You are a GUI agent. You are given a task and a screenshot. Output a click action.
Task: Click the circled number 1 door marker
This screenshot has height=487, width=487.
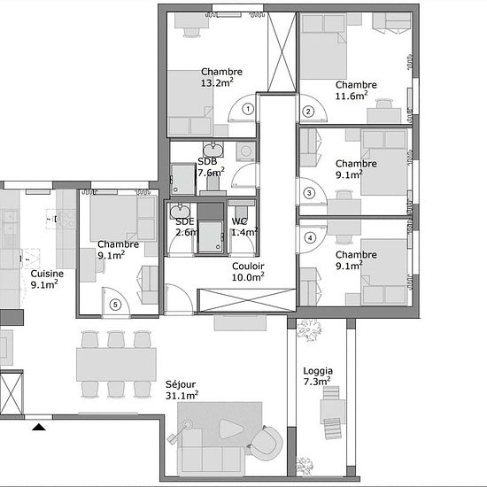pyautogui.click(x=248, y=109)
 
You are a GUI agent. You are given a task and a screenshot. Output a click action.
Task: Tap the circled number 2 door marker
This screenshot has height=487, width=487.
pyautogui.click(x=308, y=112)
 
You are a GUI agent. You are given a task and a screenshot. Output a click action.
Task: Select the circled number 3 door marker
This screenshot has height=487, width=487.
pyautogui.click(x=309, y=193)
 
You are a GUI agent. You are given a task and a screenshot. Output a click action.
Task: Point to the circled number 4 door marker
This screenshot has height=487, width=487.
pyautogui.click(x=310, y=238)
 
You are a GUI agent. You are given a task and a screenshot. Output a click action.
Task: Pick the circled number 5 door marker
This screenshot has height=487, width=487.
pyautogui.click(x=115, y=305)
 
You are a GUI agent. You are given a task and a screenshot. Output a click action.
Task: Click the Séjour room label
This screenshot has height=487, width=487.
pyautogui.click(x=181, y=384)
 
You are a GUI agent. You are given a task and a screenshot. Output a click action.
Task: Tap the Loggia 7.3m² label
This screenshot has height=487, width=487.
pyautogui.click(x=318, y=376)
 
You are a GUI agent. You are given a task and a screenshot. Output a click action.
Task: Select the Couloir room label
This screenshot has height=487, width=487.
pyautogui.click(x=248, y=267)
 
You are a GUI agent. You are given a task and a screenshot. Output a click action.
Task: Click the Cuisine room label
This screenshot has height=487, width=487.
pyautogui.click(x=47, y=274)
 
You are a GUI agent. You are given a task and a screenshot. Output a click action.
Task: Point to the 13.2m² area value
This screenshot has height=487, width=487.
pyautogui.click(x=217, y=83)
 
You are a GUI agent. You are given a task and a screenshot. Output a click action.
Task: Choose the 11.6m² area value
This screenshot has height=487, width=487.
pyautogui.click(x=352, y=96)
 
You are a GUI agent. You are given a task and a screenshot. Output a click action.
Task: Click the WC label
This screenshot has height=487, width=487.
pyautogui.click(x=239, y=221)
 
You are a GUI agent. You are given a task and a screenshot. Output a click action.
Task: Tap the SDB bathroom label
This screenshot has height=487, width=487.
pyautogui.click(x=207, y=161)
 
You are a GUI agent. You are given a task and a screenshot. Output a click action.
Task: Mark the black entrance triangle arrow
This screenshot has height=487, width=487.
pyautogui.click(x=39, y=427)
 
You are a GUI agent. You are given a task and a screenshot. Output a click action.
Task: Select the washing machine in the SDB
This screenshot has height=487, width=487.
pyautogui.click(x=245, y=151)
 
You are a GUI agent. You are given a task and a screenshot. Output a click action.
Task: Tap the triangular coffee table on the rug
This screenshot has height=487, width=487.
pyautogui.click(x=230, y=429)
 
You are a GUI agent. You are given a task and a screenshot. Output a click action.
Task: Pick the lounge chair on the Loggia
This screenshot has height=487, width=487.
pyautogui.click(x=332, y=413)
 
